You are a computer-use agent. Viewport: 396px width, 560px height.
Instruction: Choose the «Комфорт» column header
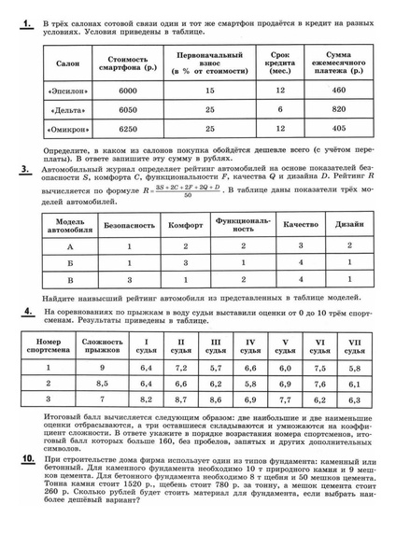[x=187, y=225]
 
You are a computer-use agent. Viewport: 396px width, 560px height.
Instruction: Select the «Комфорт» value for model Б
[x=187, y=262]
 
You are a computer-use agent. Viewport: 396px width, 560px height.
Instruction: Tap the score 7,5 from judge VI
[x=318, y=368]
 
